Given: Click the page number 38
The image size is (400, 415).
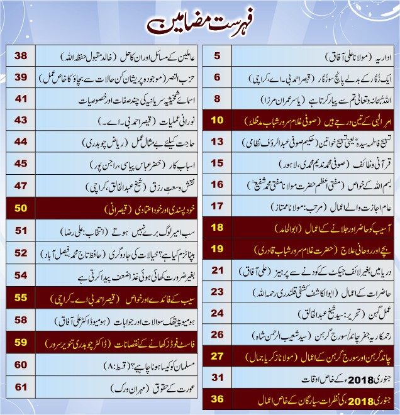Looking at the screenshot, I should click(21, 57).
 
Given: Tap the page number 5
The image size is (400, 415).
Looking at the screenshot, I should click(217, 57).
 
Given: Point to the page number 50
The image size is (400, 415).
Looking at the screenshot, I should click(21, 207).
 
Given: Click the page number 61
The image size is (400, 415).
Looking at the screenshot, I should click(21, 386).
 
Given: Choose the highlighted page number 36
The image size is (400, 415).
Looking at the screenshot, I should click(217, 399).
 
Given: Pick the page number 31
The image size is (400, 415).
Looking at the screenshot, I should click(217, 377).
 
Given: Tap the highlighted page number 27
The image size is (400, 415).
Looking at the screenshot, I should click(217, 356).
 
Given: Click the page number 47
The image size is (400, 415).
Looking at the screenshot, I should click(21, 185).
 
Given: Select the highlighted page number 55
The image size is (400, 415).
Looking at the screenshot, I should click(21, 298).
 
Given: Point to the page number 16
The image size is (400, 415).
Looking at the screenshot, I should click(217, 184).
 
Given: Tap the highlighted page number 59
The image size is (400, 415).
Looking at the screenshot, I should click(21, 343).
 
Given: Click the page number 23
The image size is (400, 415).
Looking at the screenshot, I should click(217, 292).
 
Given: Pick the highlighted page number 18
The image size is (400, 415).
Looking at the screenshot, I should click(217, 227).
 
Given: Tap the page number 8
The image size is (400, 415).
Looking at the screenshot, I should click(217, 99).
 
